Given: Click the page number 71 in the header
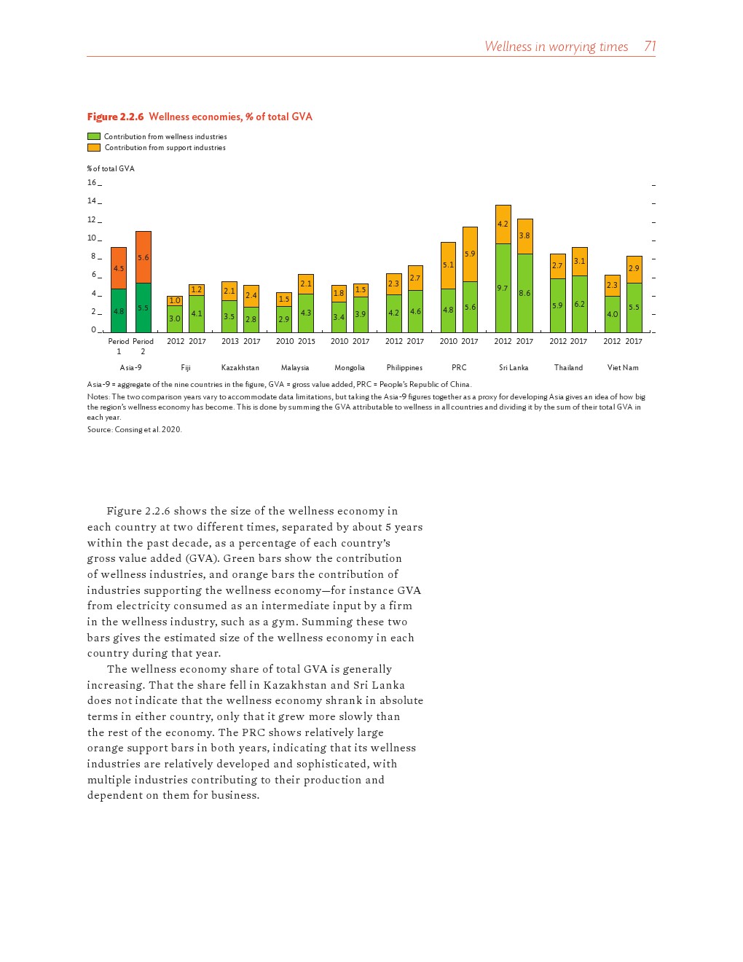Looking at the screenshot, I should coord(650,47).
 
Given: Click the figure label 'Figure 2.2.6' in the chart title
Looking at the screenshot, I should coord(115,117).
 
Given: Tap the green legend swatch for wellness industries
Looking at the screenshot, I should coord(94,136).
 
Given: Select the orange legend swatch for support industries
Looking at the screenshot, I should coord(94,147).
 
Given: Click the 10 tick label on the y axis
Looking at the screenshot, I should coord(92,238).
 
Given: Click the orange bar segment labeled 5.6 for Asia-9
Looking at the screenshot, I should coord(144,257).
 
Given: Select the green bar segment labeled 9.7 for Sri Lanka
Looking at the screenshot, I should coord(503,288).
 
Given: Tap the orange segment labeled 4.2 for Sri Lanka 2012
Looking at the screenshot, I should coord(503,224).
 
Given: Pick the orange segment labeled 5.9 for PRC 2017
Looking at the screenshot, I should coord(470,254).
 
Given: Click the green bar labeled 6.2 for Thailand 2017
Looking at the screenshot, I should coord(579,304).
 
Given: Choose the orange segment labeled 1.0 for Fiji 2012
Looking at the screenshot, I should coord(175,300).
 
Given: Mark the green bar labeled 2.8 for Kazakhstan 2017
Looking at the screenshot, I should coord(251,319).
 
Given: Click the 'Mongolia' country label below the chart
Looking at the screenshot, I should coord(350,368).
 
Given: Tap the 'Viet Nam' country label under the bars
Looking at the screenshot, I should coord(623,368).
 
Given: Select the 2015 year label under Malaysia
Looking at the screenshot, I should coord(306,341).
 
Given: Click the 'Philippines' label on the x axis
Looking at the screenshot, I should coord(404,368).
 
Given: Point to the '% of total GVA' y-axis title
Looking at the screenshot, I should coord(111,168).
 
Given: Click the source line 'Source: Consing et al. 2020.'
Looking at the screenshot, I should coord(134,430).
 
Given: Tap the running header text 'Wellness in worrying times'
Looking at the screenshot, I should coord(556,47).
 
